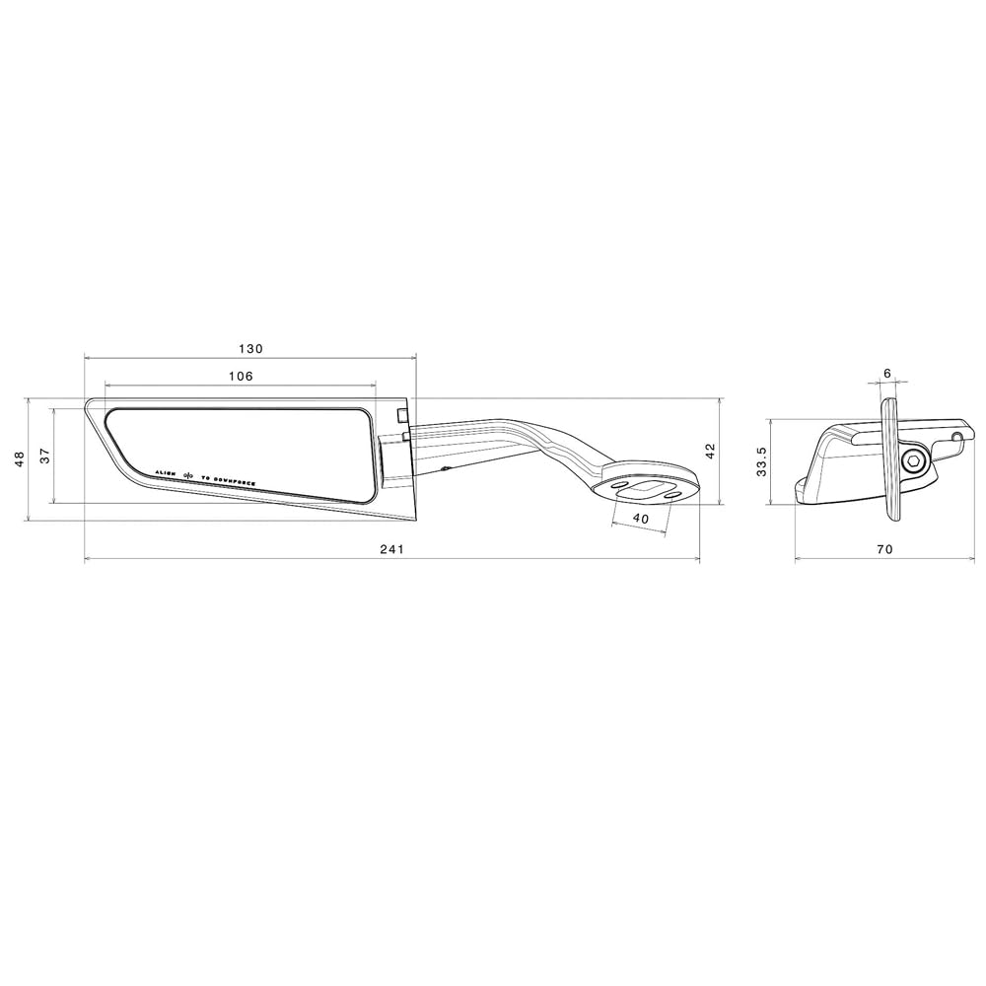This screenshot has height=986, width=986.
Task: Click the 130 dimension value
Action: (x=250, y=349)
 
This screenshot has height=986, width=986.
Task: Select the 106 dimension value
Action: (x=240, y=376)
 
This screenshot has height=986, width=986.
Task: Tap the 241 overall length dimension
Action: (x=392, y=549)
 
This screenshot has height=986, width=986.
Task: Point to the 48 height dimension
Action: (x=18, y=459)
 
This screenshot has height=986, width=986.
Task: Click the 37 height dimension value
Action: (x=44, y=456)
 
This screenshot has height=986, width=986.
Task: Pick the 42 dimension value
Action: (x=710, y=452)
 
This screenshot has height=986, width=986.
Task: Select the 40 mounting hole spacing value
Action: (x=641, y=519)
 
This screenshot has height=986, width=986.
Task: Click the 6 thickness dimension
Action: (x=887, y=374)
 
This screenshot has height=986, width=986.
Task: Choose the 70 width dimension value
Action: (x=883, y=549)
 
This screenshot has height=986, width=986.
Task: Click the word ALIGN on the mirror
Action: (x=165, y=474)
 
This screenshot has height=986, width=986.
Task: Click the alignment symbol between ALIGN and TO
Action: (x=187, y=475)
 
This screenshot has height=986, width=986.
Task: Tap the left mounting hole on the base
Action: (x=616, y=486)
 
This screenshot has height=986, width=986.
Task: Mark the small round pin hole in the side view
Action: (x=955, y=435)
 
